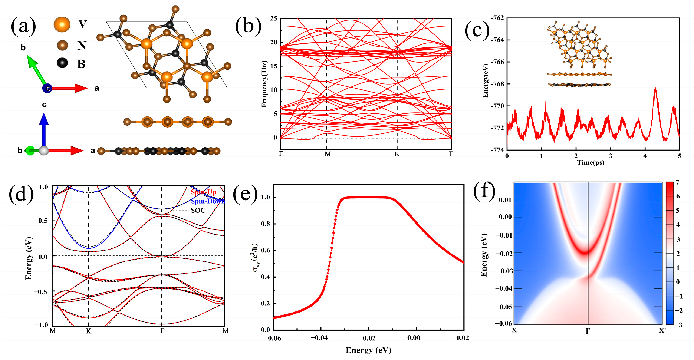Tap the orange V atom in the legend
62,24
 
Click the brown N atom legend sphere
63,45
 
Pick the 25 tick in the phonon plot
273,18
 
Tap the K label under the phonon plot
397,154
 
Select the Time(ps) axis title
591,162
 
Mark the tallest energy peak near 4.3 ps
655,89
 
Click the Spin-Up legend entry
203,192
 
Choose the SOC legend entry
198,210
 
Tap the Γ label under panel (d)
162,331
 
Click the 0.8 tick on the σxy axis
265,224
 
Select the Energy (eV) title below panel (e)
368,350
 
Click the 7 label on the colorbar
677,183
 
